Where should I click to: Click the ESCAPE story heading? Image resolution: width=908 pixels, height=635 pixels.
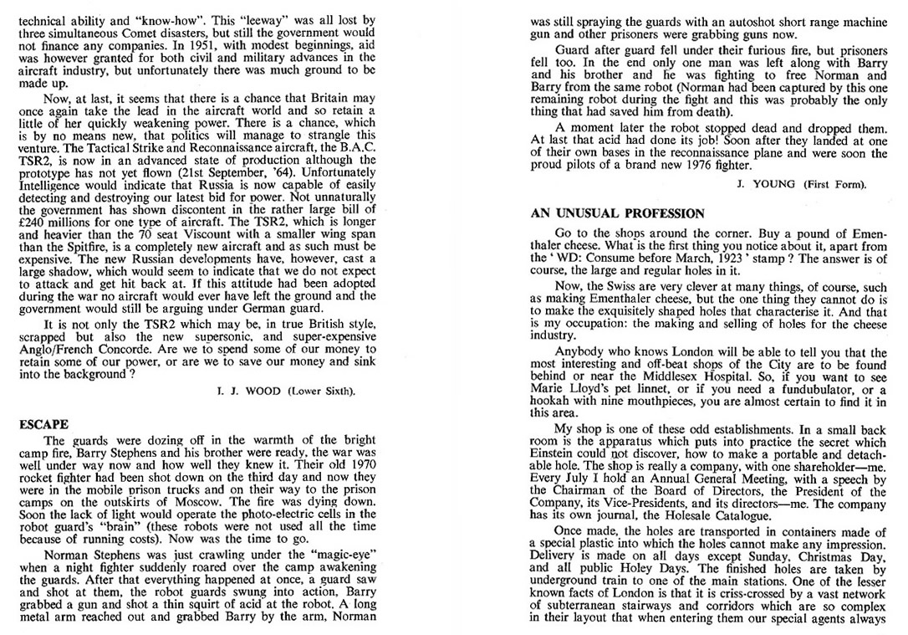click(x=43, y=425)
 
